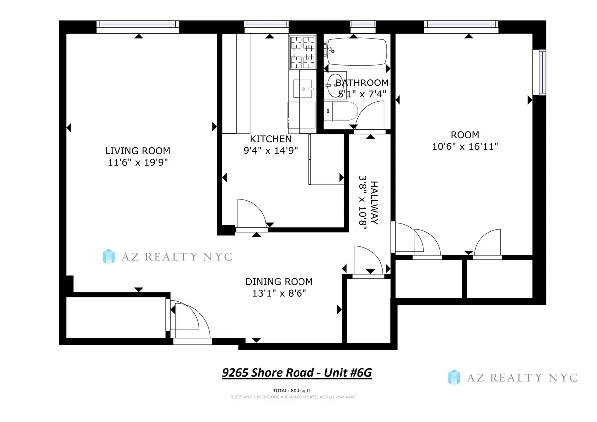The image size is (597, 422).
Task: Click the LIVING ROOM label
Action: [137, 151]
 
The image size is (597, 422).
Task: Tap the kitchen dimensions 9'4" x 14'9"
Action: [271, 151]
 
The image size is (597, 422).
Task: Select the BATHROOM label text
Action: [362, 83]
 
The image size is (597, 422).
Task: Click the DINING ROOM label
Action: [279, 282]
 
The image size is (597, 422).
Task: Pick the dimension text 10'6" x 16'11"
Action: [465, 146]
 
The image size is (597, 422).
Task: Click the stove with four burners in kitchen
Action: [302, 53]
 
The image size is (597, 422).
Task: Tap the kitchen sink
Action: [302, 89]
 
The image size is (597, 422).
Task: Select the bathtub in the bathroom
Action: [356, 51]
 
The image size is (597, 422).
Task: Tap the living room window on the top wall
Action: [137, 24]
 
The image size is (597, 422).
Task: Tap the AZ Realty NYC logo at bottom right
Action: [512, 377]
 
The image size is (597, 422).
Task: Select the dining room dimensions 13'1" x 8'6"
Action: [279, 293]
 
